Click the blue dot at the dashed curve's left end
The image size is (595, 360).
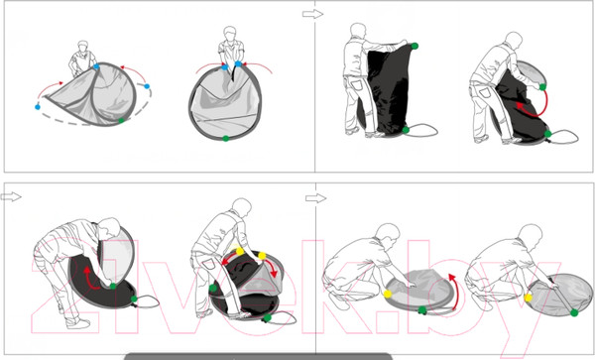38,107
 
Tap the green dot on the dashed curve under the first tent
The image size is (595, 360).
121,120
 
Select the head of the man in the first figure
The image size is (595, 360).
83,46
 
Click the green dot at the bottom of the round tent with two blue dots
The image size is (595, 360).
225,138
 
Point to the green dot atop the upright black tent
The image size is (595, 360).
415,46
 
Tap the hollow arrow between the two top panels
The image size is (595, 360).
312,15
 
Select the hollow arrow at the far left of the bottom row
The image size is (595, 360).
11,196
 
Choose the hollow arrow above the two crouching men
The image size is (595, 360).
315,198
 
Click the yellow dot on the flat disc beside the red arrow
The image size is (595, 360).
388,294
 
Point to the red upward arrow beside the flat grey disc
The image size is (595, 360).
455,290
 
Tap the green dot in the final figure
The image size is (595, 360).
574,312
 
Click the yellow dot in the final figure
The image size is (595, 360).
528,298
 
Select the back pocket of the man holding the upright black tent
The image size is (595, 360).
356,83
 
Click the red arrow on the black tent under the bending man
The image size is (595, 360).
89,278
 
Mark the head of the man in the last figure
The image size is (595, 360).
531,235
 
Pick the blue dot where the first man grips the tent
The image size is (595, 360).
96,66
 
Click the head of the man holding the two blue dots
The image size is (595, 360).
230,34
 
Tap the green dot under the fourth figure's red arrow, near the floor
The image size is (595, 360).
547,134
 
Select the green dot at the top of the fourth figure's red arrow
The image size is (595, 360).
542,87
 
